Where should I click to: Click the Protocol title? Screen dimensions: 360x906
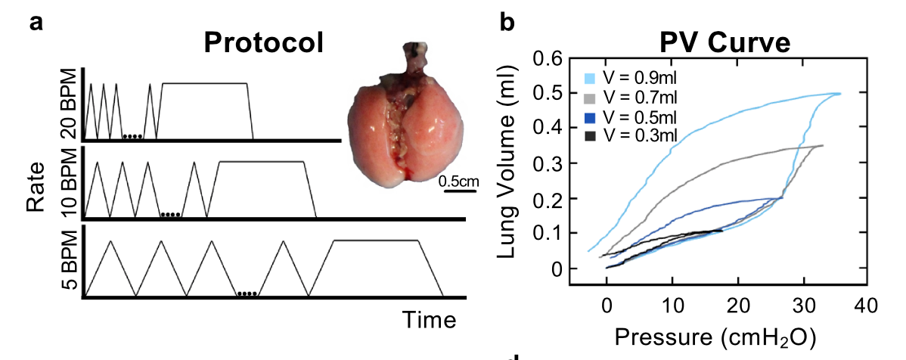[264, 43]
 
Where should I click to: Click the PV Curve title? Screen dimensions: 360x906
[715, 43]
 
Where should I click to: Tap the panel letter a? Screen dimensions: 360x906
[36, 23]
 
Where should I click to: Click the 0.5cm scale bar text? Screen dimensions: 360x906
[459, 181]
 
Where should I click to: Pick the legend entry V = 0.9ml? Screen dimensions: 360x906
[631, 79]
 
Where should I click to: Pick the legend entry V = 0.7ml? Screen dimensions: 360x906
[631, 98]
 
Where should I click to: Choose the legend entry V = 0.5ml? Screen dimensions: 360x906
[631, 116]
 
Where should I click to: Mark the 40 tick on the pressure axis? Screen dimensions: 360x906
[866, 306]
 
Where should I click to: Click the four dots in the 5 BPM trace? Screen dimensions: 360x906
[247, 293]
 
